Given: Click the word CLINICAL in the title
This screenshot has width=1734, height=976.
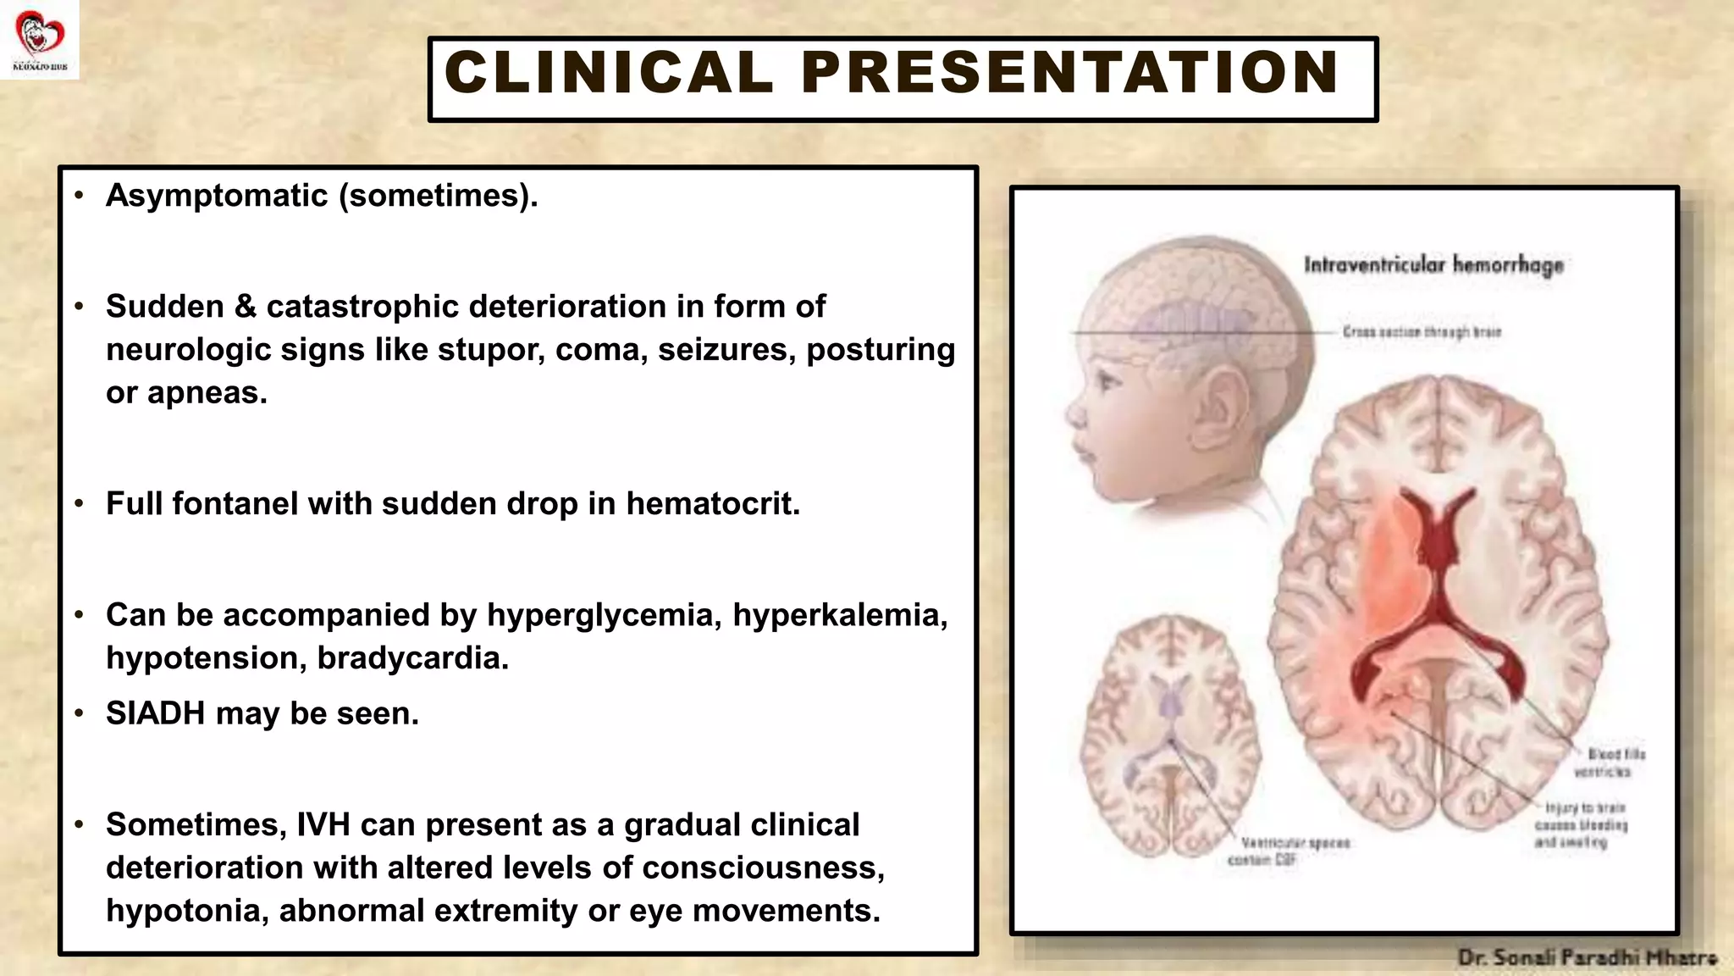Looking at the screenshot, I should tap(609, 73).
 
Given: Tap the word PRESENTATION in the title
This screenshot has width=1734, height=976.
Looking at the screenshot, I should tap(1070, 73).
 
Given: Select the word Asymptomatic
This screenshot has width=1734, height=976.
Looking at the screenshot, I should tap(217, 196).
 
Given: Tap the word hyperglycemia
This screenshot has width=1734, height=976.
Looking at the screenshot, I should tap(604, 615).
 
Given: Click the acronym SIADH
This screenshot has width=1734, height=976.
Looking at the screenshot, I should tap(155, 714).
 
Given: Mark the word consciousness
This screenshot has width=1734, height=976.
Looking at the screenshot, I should tap(769, 868).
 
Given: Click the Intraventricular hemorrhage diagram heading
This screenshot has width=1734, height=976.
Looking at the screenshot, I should tap(1433, 265).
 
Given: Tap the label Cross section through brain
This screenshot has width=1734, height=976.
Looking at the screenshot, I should tap(1422, 331).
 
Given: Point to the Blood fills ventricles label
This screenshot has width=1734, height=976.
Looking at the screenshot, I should tap(1609, 762).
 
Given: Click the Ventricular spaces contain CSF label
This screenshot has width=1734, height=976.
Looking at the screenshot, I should tap(1288, 851).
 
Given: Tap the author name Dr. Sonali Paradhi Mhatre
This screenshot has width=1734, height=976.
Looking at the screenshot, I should tap(1587, 958).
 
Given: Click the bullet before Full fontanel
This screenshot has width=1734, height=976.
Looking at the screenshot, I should tap(79, 504).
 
